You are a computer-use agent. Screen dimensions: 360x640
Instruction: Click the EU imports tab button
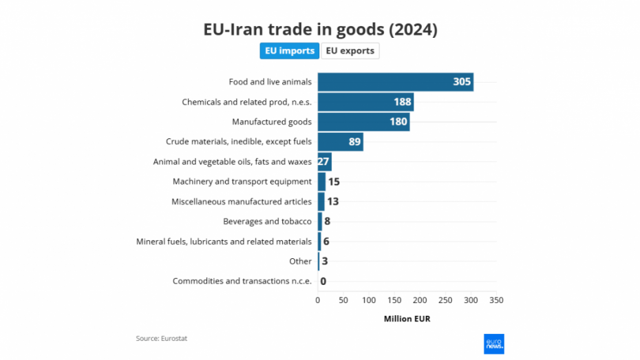click(289, 51)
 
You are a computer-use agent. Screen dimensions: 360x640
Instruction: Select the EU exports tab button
click(350, 51)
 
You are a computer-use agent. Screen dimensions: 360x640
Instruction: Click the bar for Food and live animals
click(385, 82)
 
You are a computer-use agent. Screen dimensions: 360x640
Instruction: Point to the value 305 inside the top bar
click(462, 82)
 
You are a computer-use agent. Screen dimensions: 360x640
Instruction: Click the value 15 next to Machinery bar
click(334, 182)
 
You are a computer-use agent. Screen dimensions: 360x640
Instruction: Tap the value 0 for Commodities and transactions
click(323, 281)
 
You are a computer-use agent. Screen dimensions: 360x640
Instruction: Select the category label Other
click(300, 262)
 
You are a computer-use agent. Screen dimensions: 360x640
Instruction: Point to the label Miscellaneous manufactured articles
click(241, 202)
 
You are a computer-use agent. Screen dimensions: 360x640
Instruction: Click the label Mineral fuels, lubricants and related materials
click(224, 242)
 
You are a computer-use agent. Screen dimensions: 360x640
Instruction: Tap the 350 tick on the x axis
click(496, 300)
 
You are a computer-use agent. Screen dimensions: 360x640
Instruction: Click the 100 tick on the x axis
click(369, 300)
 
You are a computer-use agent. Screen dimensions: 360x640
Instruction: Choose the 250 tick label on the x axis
click(445, 300)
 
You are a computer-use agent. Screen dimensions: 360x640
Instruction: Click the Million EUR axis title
click(407, 319)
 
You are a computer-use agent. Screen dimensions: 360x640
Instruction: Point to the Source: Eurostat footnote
click(162, 338)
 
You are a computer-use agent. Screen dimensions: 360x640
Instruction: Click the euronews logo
click(494, 343)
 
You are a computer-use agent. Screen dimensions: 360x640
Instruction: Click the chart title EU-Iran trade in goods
click(320, 30)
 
